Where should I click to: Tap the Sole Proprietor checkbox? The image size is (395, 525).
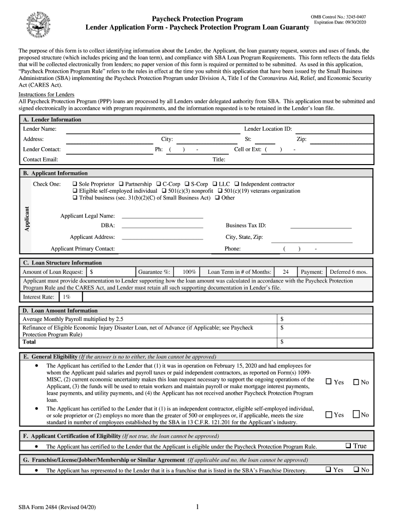75,184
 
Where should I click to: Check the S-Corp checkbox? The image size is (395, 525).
187,184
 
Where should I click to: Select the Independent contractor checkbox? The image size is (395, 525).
237,184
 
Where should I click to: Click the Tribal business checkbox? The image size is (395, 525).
75,197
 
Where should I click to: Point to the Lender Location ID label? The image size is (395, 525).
268,129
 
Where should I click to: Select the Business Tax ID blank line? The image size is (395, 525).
321,226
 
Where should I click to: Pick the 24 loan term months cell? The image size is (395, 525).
285,272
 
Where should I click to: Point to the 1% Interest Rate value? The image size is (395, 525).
66,297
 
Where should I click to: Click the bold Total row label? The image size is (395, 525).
29,341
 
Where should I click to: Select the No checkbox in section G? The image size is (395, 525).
354,470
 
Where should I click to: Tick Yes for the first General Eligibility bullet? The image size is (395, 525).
329,382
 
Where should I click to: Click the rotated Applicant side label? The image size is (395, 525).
27,218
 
